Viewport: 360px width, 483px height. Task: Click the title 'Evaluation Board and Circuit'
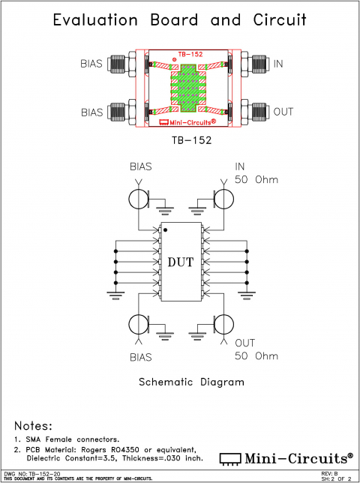(180, 20)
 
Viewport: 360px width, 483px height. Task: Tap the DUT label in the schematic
(181, 262)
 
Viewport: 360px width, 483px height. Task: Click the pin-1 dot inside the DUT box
(166, 229)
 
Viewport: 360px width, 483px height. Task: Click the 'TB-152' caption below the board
(181, 139)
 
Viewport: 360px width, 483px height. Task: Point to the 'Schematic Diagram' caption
(192, 382)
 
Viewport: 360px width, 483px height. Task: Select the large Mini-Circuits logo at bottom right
(286, 457)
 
